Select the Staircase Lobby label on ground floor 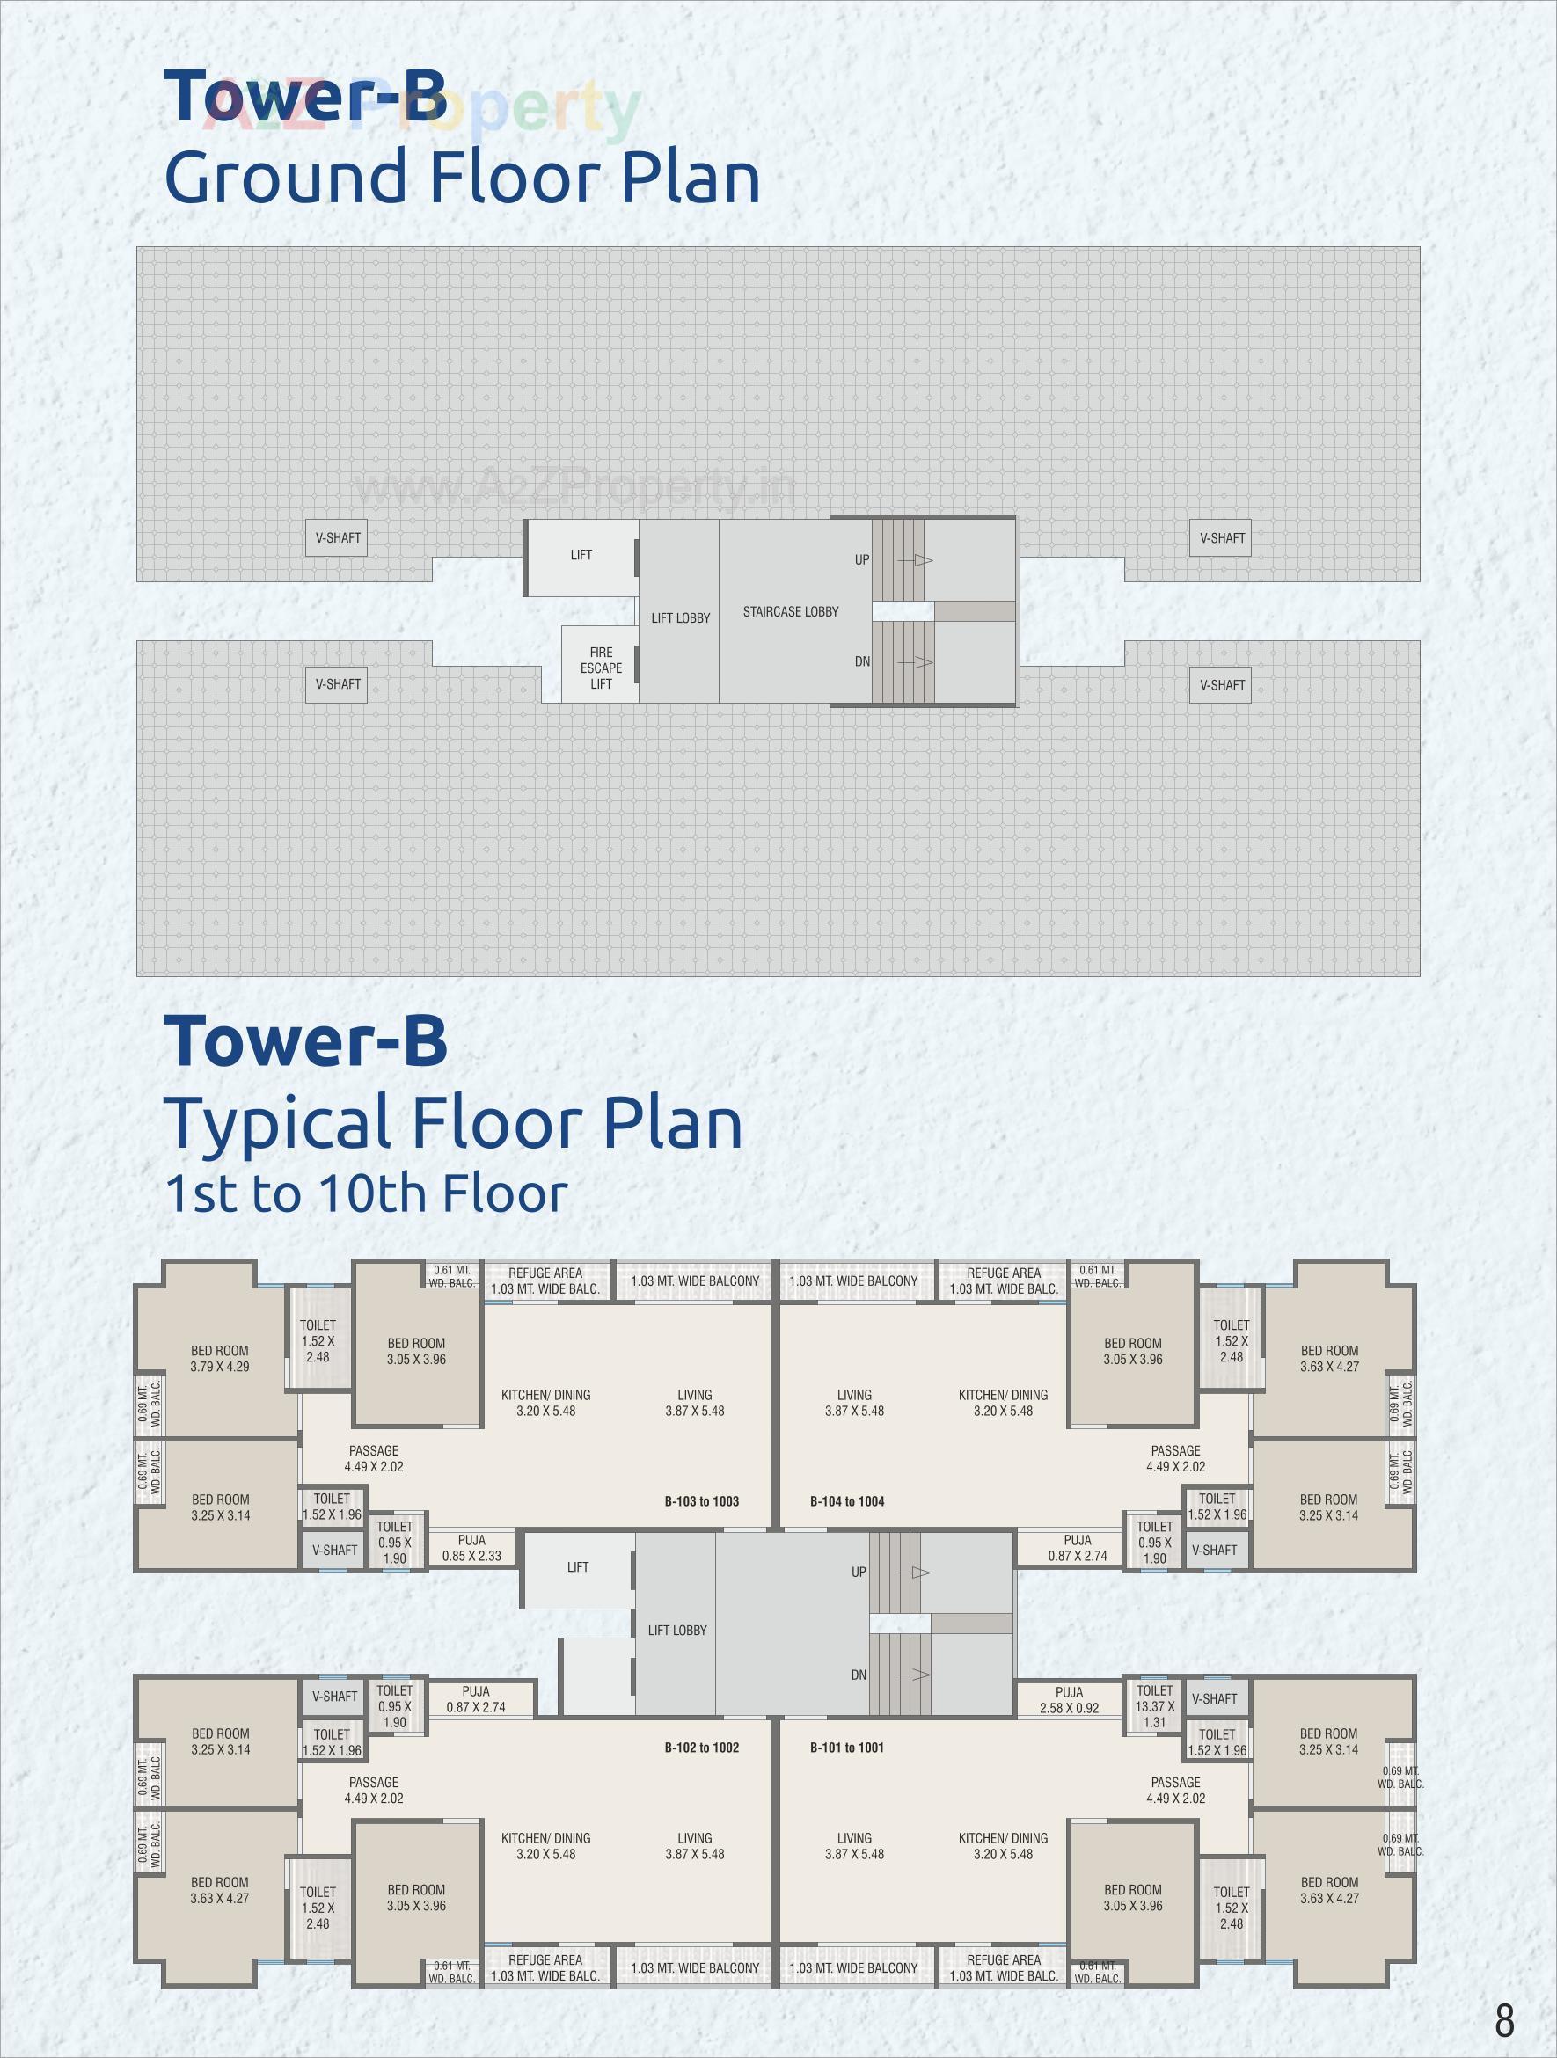click(x=790, y=611)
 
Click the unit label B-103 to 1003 click(x=702, y=1500)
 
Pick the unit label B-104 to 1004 click(x=847, y=1500)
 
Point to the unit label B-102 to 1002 click(x=702, y=1748)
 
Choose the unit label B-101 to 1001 click(x=847, y=1748)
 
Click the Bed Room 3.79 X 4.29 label click(x=220, y=1358)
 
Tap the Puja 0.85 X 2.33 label click(x=471, y=1547)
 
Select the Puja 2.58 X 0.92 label click(x=1070, y=1700)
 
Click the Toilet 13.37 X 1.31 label click(x=1155, y=1706)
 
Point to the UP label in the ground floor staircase click(x=862, y=559)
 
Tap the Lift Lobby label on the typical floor click(x=676, y=1630)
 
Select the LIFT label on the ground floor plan click(x=581, y=554)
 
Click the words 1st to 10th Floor click(x=366, y=1193)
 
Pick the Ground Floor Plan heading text click(x=462, y=176)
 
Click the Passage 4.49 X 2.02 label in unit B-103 click(x=373, y=1458)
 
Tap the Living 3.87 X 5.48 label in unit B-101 click(x=854, y=1846)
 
